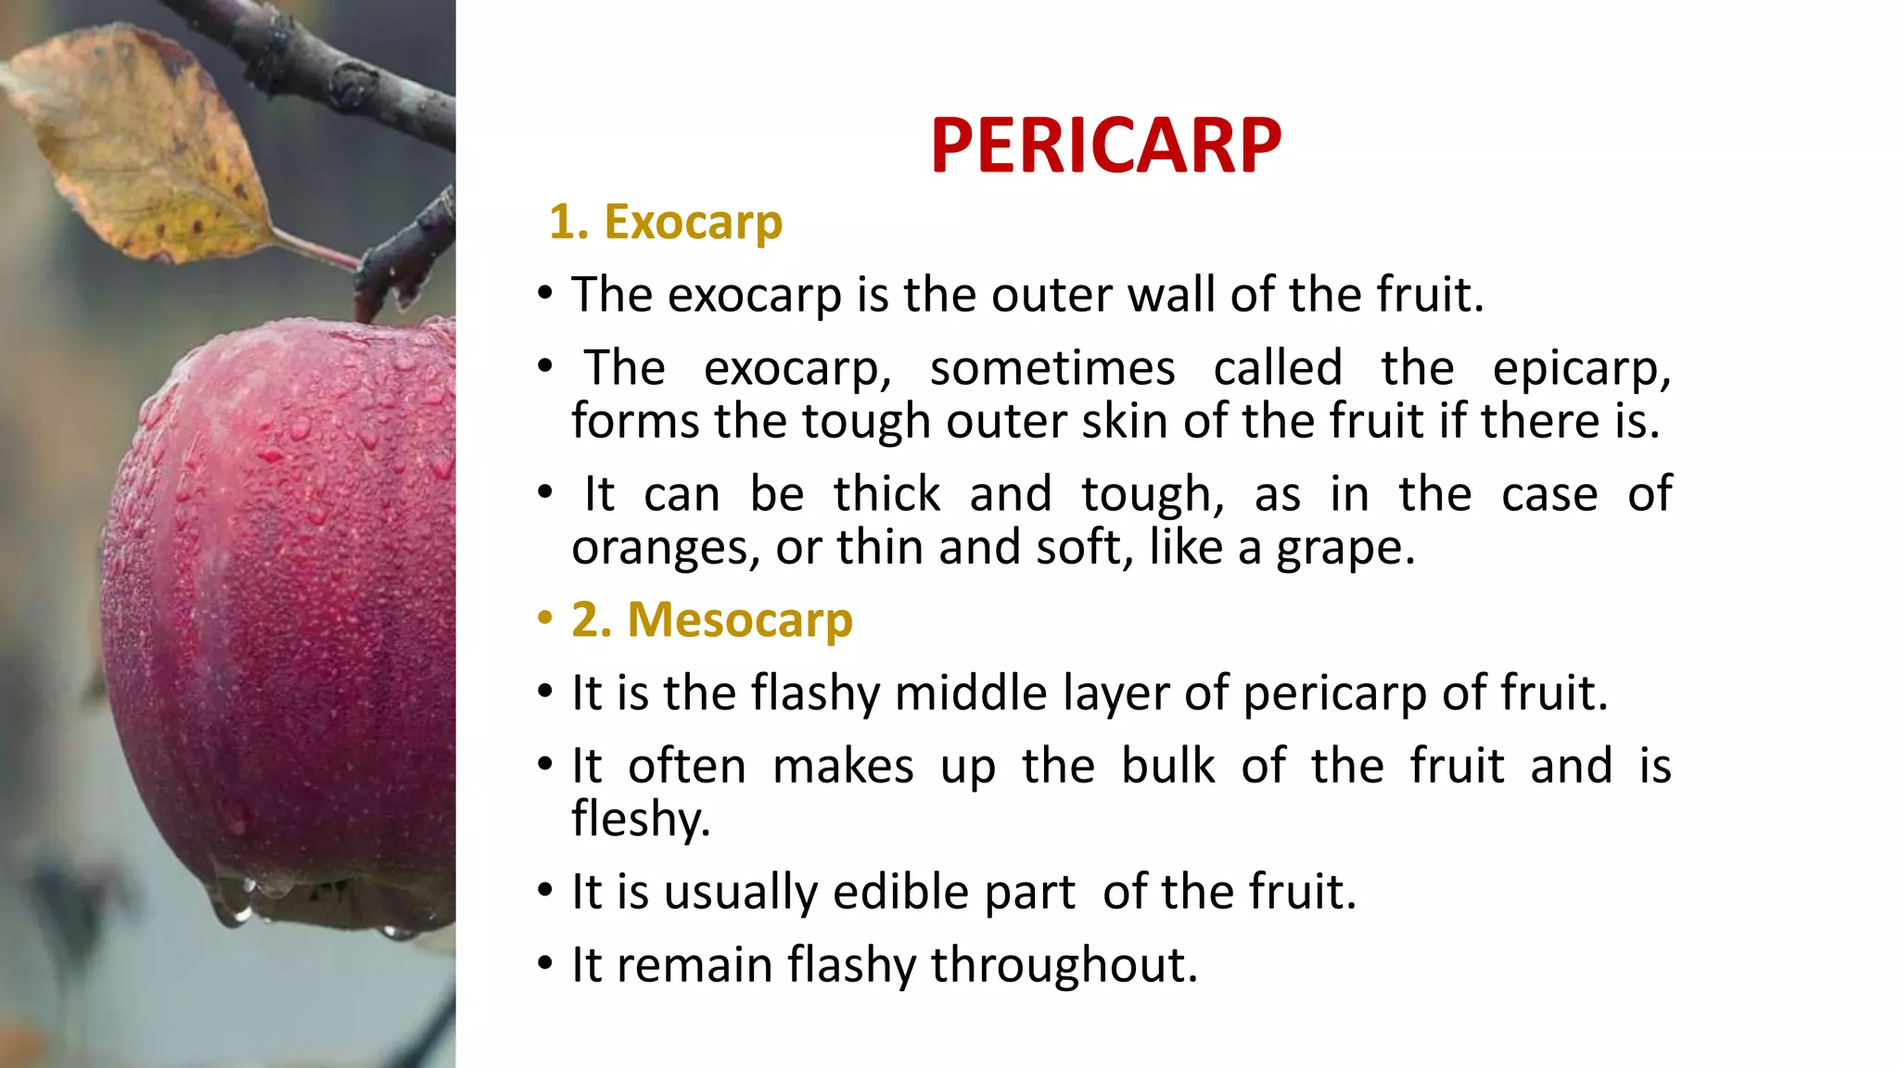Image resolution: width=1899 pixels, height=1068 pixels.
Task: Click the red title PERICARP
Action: click(1105, 146)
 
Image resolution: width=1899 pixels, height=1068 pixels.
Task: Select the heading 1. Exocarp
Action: click(666, 222)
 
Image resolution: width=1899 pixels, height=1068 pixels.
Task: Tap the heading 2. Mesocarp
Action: click(711, 619)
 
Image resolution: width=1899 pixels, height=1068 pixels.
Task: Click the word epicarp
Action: click(1580, 369)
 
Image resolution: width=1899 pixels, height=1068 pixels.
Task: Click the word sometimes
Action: click(1051, 369)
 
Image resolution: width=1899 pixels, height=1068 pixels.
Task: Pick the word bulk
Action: click(1167, 767)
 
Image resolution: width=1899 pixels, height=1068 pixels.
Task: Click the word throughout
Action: click(1064, 965)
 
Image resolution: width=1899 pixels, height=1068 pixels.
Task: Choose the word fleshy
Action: click(640, 820)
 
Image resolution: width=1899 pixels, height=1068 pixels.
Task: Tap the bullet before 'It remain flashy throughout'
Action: click(545, 964)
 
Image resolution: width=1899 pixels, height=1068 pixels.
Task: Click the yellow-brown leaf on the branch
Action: click(139, 148)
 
